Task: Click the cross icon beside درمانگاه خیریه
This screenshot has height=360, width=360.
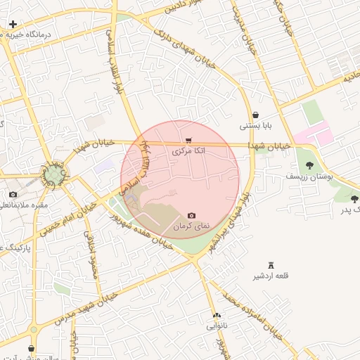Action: (13, 24)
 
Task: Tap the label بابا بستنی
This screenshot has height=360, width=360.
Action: (255, 127)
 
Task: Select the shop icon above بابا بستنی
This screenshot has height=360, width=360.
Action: (255, 115)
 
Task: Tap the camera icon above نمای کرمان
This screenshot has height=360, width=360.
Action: (192, 215)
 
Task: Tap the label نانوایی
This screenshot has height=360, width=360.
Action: (217, 326)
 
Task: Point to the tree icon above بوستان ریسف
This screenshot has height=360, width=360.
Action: (309, 166)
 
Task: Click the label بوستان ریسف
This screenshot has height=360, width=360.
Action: (310, 178)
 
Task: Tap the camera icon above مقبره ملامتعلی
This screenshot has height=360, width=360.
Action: (13, 194)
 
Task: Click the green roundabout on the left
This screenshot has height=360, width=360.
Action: (53, 174)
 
